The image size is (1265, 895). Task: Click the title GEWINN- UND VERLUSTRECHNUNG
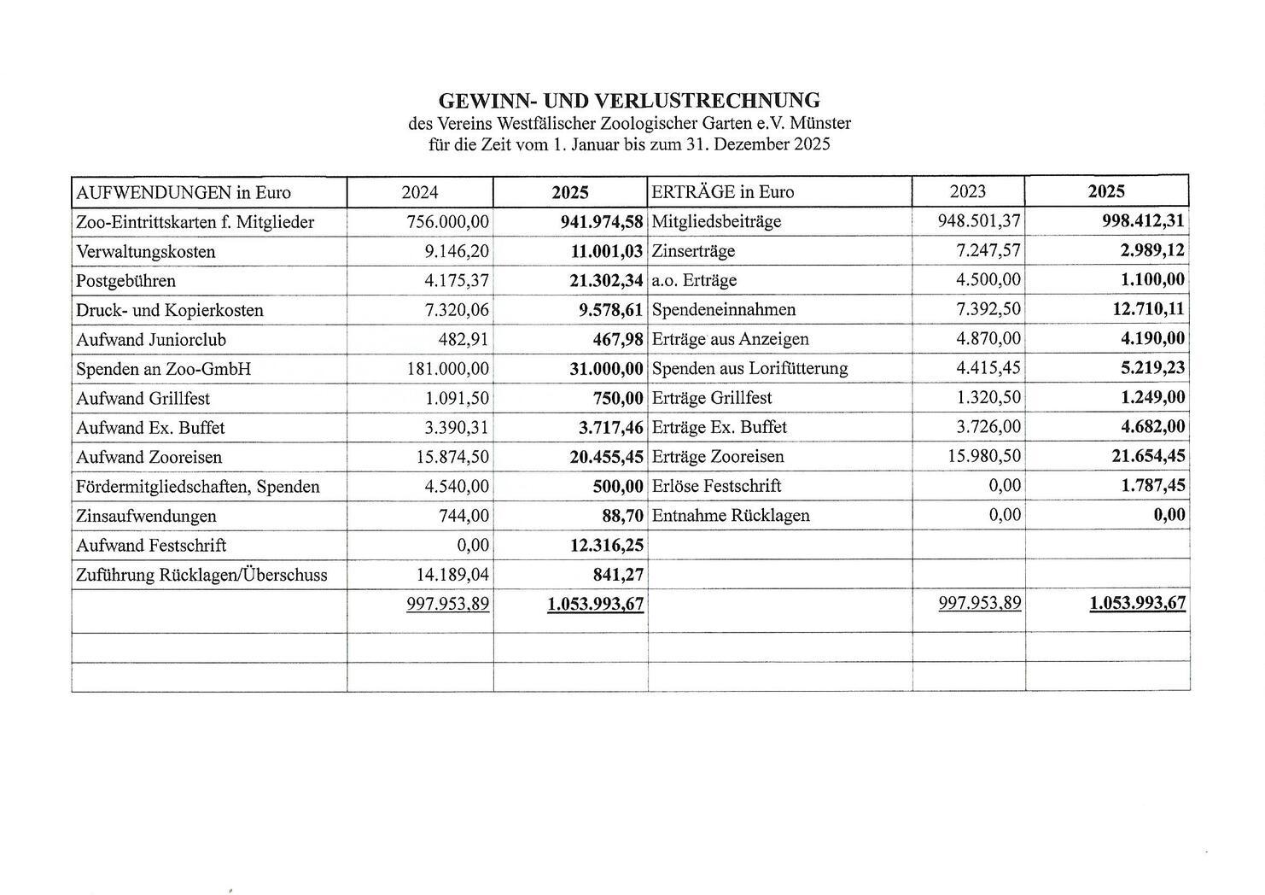[x=629, y=101]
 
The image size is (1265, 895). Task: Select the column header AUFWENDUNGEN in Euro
[x=184, y=192]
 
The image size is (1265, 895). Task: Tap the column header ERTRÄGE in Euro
[x=723, y=192]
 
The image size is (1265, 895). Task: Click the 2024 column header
[x=420, y=192]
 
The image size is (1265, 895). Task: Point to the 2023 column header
[x=968, y=191]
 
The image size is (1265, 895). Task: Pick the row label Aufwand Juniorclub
[x=151, y=340]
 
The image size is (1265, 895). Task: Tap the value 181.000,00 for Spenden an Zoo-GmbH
[x=448, y=369]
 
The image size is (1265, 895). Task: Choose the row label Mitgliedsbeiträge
[x=716, y=222]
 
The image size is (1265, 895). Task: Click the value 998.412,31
[x=1143, y=221]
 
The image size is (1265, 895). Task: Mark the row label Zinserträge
[x=693, y=251]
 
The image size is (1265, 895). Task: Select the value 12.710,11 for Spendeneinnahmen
[x=1148, y=309]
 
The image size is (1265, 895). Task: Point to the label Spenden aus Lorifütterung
[x=749, y=369]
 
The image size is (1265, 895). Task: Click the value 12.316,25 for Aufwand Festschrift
[x=606, y=546]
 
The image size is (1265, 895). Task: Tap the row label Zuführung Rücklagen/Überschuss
[x=201, y=575]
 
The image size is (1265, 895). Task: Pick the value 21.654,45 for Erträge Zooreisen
[x=1148, y=457]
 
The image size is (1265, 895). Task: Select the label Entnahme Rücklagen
[x=731, y=516]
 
